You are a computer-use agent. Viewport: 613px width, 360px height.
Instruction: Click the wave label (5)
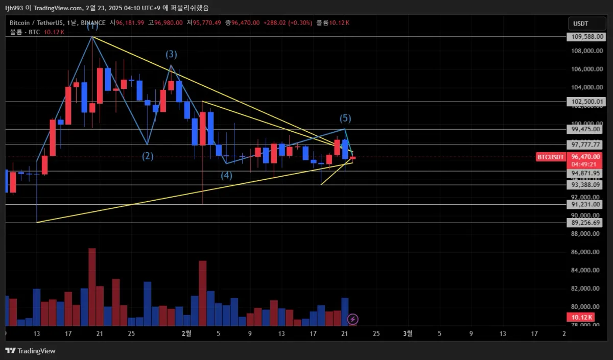[x=345, y=118]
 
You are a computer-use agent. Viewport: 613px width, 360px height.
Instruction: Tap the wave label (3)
[x=171, y=54]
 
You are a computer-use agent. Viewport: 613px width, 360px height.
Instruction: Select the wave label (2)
[x=148, y=156]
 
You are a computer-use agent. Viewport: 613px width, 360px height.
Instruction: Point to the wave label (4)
[x=226, y=176]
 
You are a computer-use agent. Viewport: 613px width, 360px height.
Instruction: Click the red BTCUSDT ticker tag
[x=551, y=157]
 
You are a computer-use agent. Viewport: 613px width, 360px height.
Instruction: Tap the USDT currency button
[x=581, y=23]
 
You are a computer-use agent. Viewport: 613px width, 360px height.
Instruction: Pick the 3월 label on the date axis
[x=407, y=334]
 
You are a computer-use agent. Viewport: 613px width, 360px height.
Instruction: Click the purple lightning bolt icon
[x=352, y=320]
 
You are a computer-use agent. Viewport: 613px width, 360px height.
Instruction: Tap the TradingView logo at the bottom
[x=31, y=351]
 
